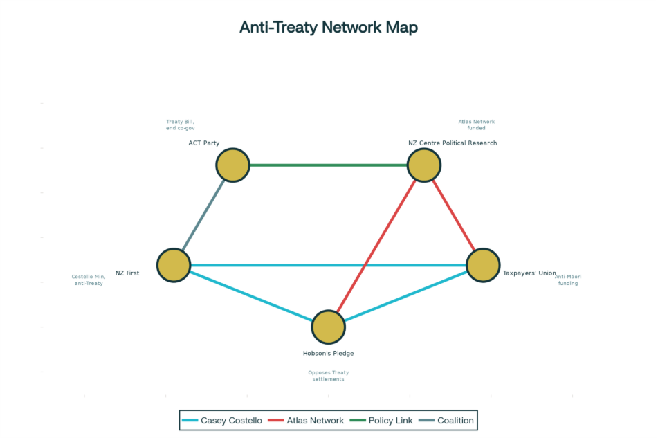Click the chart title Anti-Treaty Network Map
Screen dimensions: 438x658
coord(329,28)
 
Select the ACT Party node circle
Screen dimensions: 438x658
coord(232,165)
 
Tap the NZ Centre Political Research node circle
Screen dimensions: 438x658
coord(424,165)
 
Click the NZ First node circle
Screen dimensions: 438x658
coord(174,265)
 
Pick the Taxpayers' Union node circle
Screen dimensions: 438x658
coord(483,265)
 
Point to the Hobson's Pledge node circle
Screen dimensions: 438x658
coord(329,327)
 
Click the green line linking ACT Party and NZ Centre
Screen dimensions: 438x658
coord(328,165)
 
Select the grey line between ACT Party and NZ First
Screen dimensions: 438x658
coord(203,215)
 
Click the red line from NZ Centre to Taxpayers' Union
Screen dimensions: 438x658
coord(453,215)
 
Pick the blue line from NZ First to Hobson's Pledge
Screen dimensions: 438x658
coord(251,296)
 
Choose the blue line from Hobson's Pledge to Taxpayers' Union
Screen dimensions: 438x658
coord(405,296)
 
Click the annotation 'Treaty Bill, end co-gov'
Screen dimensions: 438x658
coord(180,125)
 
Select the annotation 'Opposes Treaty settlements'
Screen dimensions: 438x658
coord(328,376)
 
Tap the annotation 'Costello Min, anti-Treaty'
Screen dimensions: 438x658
coord(89,280)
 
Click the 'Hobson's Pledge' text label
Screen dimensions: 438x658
coord(328,354)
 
